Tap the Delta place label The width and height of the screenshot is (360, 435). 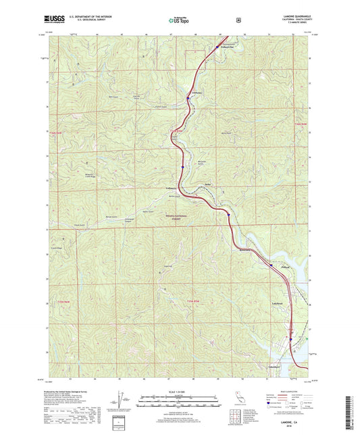(200, 184)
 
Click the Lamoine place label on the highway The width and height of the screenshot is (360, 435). (198, 92)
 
